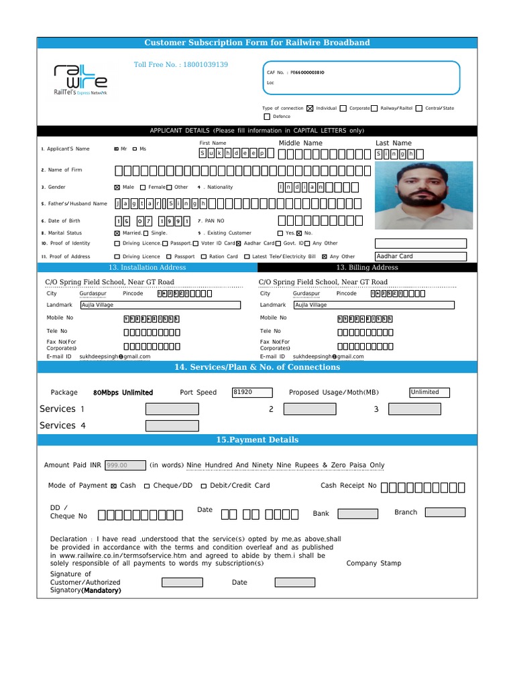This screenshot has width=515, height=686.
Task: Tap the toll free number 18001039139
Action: [x=181, y=65]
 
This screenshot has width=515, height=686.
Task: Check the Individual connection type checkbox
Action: [x=310, y=108]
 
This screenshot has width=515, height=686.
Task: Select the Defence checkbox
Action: [x=266, y=117]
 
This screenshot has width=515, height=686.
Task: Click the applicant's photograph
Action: [x=423, y=194]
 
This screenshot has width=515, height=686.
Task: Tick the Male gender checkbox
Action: [x=117, y=188]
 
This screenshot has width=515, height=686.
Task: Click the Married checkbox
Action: [x=117, y=233]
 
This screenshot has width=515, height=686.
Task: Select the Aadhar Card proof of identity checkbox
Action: [x=238, y=244]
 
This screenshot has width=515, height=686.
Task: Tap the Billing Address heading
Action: [x=367, y=267]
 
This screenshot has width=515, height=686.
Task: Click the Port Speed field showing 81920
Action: [x=252, y=393]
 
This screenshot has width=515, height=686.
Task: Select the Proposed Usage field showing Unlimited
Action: [x=429, y=393]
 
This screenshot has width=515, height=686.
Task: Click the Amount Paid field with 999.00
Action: [x=125, y=465]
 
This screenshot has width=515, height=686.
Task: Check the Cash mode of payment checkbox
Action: [x=113, y=486]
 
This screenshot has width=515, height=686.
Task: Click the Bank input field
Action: [x=357, y=514]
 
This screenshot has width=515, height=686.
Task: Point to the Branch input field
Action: [x=445, y=512]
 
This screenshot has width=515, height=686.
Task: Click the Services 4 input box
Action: [x=172, y=425]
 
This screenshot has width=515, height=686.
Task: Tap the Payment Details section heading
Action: [x=257, y=440]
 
